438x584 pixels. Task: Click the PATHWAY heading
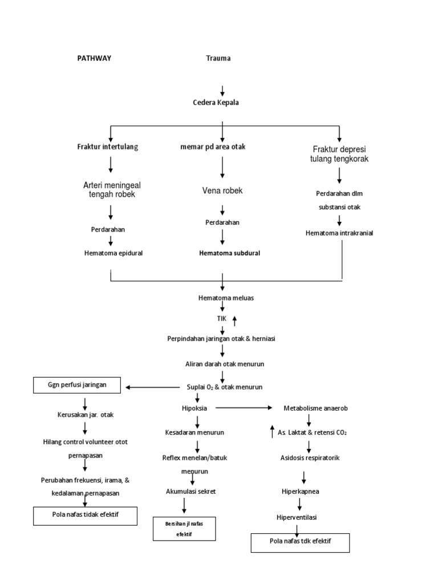[95, 58]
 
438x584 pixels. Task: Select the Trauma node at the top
[218, 58]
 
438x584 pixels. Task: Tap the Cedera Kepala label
[216, 103]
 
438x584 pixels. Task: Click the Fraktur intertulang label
[108, 147]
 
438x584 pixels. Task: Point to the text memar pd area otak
[212, 147]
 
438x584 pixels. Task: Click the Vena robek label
[222, 190]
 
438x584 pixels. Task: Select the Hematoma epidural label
[113, 253]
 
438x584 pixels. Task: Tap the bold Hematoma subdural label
[229, 253]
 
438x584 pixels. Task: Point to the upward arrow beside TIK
[234, 321]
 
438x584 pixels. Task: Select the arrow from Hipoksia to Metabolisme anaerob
[244, 408]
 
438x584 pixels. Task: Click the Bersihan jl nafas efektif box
[184, 529]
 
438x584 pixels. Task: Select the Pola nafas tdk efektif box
[300, 542]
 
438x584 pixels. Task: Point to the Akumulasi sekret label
[191, 490]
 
